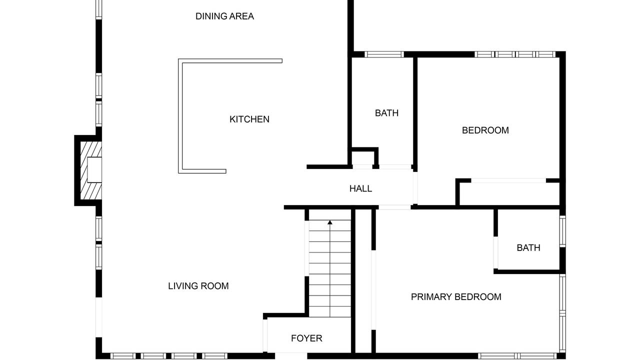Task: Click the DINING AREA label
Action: tap(224, 16)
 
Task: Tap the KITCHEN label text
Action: tap(249, 119)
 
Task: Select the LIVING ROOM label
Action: tap(198, 286)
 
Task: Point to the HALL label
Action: tap(360, 188)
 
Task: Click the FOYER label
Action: tap(306, 338)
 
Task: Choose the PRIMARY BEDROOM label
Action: tap(456, 297)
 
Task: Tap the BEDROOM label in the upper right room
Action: tap(485, 130)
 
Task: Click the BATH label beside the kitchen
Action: tap(386, 113)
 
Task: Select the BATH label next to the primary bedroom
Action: tap(528, 247)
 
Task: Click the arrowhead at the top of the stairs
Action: tap(330, 222)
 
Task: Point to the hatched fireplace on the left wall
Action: tap(91, 170)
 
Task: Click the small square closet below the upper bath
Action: tap(363, 158)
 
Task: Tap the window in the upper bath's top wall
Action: tap(384, 54)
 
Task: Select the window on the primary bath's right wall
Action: tap(562, 231)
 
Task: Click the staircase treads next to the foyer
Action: tap(330, 268)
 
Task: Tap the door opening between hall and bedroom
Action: tap(415, 187)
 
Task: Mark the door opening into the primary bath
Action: tap(495, 252)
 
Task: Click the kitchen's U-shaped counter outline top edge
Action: tap(230, 61)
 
